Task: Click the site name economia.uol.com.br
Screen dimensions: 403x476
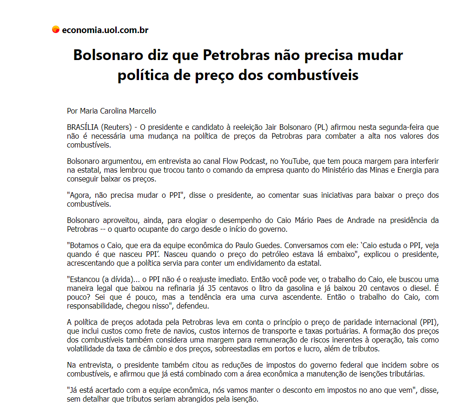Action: [105, 30]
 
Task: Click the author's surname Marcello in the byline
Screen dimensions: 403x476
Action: [142, 111]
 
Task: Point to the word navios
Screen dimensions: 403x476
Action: [179, 331]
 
